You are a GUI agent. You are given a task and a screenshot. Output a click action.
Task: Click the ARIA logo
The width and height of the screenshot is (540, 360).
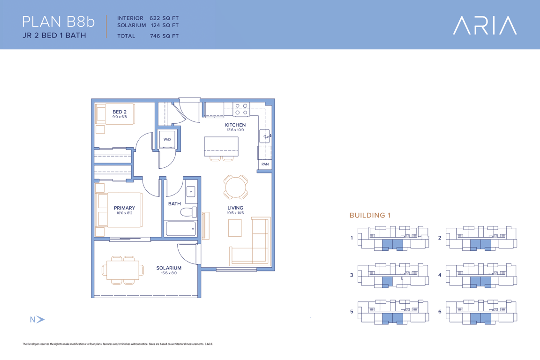pyautogui.click(x=485, y=25)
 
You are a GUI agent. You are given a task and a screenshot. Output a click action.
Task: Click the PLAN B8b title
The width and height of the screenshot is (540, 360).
pyautogui.click(x=58, y=22)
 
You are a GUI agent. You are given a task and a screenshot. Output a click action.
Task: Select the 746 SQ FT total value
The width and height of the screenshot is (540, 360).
pyautogui.click(x=164, y=36)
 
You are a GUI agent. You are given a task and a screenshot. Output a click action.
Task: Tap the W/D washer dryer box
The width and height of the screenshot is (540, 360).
pyautogui.click(x=167, y=139)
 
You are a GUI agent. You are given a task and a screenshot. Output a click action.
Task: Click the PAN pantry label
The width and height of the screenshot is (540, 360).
pyautogui.click(x=265, y=165)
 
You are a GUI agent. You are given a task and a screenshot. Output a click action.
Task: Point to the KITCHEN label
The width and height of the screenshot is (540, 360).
pyautogui.click(x=235, y=125)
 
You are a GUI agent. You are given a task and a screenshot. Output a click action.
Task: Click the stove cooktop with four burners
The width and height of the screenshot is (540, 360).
pyautogui.click(x=241, y=109)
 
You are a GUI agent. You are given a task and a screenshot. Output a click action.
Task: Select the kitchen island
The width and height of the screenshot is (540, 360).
pyautogui.click(x=221, y=146)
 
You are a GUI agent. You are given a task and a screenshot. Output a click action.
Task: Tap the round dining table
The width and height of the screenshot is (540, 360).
pyautogui.click(x=236, y=187)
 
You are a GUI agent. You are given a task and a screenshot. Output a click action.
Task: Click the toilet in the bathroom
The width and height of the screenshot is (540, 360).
pyautogui.click(x=189, y=212)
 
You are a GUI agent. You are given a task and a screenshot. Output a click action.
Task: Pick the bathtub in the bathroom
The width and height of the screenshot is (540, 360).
pyautogui.click(x=181, y=228)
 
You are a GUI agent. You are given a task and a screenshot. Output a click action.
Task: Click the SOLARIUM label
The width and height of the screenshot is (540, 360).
pyautogui.click(x=169, y=268)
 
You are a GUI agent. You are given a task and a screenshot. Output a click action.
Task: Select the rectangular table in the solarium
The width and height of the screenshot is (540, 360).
pyautogui.click(x=123, y=270)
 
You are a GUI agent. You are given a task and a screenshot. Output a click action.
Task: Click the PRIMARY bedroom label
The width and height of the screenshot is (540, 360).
pyautogui.click(x=124, y=208)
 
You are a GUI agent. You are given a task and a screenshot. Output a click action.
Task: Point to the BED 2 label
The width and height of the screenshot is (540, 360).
pyautogui.click(x=120, y=112)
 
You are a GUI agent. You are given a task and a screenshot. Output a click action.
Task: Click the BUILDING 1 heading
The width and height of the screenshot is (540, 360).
pyautogui.click(x=370, y=215)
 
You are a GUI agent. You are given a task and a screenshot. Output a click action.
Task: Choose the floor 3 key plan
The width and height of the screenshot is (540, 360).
pyautogui.click(x=393, y=275)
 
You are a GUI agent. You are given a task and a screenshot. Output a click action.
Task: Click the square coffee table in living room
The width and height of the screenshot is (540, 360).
pyautogui.click(x=235, y=228)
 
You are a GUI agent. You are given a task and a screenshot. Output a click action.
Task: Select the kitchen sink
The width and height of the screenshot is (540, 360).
pyautogui.click(x=264, y=136)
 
